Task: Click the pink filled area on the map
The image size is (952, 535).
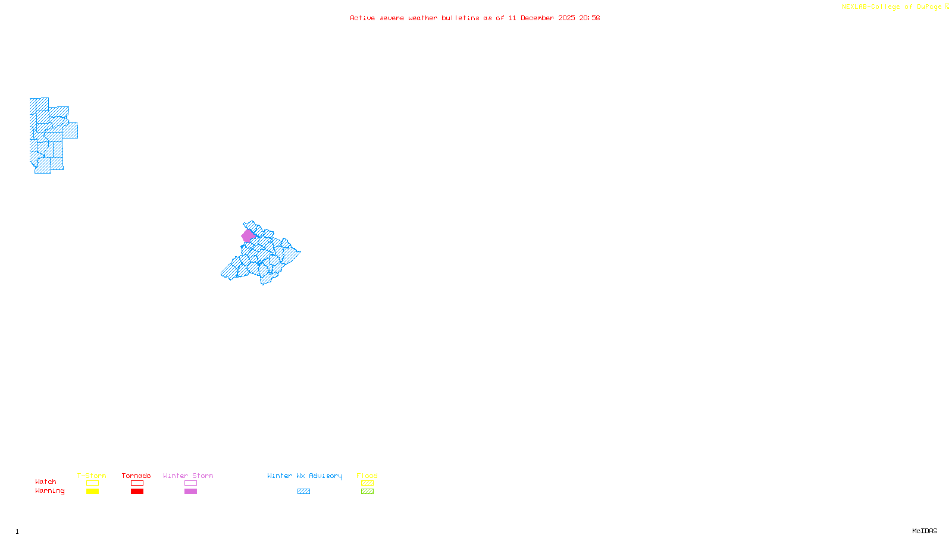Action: (248, 236)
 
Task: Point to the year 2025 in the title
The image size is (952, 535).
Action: (566, 18)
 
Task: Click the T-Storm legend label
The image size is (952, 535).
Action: (92, 476)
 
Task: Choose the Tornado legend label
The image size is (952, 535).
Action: (136, 476)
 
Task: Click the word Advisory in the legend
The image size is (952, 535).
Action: (325, 476)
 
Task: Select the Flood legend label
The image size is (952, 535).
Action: (367, 476)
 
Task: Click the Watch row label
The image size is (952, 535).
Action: (46, 482)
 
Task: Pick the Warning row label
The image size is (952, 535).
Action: (50, 491)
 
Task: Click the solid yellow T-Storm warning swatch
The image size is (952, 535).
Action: (92, 492)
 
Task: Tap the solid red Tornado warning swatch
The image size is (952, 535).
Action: (137, 492)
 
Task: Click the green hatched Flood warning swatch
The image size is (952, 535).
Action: (368, 492)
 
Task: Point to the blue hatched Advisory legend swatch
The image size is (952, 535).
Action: (303, 492)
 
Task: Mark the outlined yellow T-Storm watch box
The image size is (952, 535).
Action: (92, 483)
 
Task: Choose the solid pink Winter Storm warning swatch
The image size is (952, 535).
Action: (190, 492)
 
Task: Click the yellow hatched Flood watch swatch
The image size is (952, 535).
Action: (368, 483)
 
